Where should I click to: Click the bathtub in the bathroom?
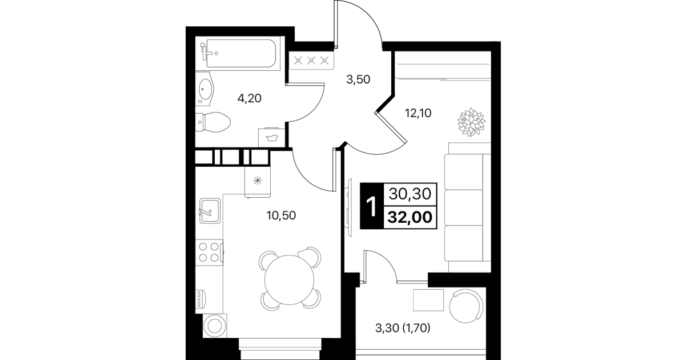click(x=238, y=53)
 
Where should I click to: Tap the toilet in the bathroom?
click(x=212, y=122)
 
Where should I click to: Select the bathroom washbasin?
click(x=204, y=89)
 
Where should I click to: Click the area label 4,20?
click(x=249, y=99)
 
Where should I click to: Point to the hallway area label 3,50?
click(x=358, y=79)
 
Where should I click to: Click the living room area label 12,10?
click(x=418, y=113)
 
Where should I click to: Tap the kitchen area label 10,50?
click(x=281, y=215)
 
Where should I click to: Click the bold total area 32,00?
click(x=410, y=217)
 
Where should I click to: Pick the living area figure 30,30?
click(x=410, y=194)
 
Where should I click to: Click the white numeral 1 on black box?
click(x=371, y=206)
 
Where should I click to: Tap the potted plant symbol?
click(x=471, y=122)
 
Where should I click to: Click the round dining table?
click(x=289, y=280)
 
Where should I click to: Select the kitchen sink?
click(x=210, y=211)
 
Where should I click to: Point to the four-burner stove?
click(x=210, y=253)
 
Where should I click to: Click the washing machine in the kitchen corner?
click(x=215, y=326)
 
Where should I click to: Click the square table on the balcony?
click(x=428, y=300)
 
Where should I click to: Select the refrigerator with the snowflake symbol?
click(x=258, y=181)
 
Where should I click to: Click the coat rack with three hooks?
click(x=311, y=61)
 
